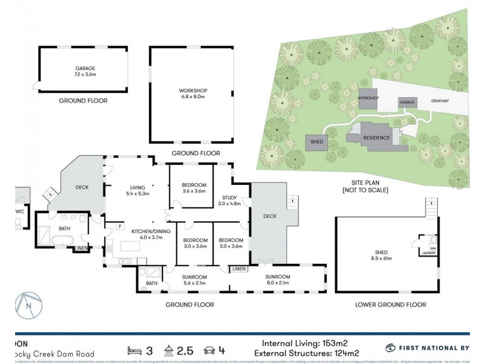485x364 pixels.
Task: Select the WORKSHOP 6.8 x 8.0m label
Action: point(193,93)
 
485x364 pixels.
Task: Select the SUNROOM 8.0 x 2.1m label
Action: point(277,280)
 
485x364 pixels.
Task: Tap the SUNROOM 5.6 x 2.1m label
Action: point(195,280)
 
